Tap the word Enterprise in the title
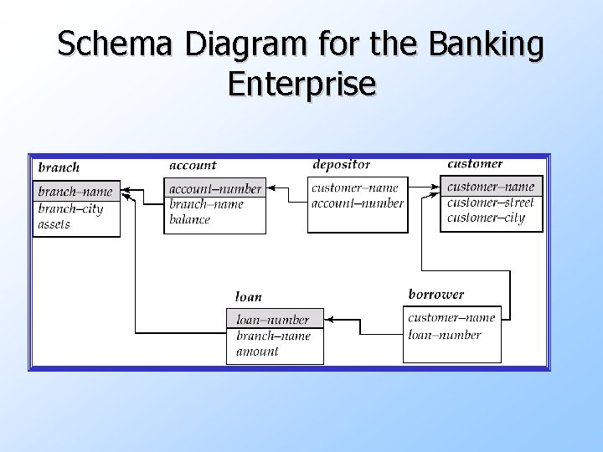pos(301,84)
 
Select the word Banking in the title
pos(487,44)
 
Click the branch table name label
pos(59,167)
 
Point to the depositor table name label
pos(341,164)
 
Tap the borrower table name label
pos(435,294)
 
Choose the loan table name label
pos(249,296)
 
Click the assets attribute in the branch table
pos(54,224)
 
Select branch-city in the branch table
pos(70,208)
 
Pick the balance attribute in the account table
pos(189,219)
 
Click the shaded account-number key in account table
pos(215,188)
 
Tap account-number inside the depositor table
pos(357,203)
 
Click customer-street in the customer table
pos(490,202)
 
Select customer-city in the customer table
pos(486,218)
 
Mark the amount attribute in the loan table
pos(257,352)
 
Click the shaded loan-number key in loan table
pos(273,319)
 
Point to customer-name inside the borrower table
pos(451,317)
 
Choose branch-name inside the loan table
pos(273,336)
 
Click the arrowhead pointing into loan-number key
pos(328,319)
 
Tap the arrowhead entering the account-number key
pos(271,188)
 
